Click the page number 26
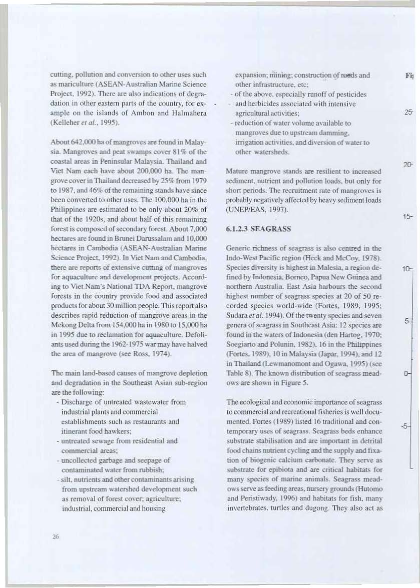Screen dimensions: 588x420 [x=56, y=536]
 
